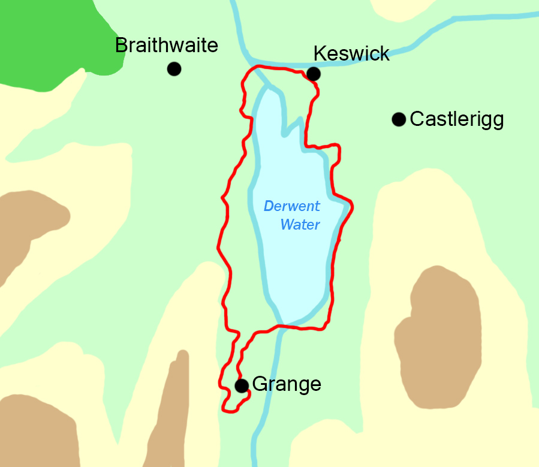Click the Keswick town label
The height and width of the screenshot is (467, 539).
(351, 54)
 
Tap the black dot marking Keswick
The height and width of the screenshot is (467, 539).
(313, 74)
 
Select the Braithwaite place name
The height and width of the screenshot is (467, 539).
(167, 45)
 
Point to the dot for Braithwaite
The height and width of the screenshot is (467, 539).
(174, 69)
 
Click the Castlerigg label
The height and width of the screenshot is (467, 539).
(457, 119)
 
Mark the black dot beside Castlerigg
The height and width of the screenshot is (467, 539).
(399, 119)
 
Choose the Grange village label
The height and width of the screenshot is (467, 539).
(287, 384)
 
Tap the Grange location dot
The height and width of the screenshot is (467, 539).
(242, 385)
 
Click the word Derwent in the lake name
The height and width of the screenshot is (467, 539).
(292, 207)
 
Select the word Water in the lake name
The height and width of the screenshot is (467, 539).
(300, 225)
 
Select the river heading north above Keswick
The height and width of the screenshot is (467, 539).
(237, 24)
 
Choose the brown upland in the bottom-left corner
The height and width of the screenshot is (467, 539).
(36, 432)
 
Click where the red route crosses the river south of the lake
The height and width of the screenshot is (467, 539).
(280, 327)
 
